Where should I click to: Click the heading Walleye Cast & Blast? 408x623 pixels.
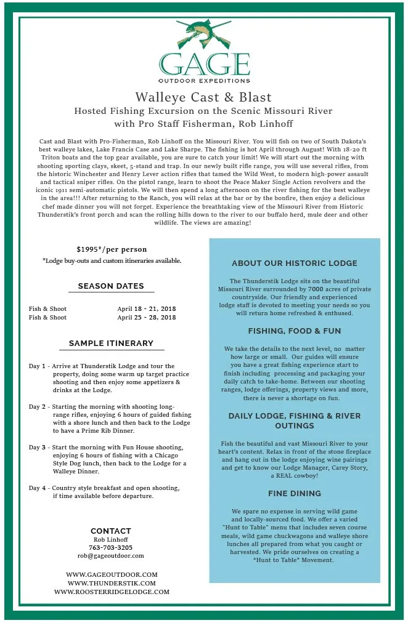pos(203,97)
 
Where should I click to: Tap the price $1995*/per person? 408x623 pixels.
pos(112,249)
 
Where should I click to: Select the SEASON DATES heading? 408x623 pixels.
pos(111,286)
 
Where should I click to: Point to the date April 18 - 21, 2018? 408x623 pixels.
pos(147,308)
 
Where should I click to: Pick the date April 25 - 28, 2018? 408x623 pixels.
pos(147,317)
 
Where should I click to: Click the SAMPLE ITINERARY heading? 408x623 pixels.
pos(111,343)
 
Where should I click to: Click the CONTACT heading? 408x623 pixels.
pos(111,531)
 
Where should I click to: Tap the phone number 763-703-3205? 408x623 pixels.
pos(111,547)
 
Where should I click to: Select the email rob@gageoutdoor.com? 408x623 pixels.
pos(111,555)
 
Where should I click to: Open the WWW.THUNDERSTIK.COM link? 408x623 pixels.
pos(112,583)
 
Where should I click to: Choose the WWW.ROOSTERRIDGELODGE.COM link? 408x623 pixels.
pos(112,592)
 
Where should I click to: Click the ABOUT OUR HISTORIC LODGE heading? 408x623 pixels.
pos(295,263)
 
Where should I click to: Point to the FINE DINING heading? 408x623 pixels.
pos(295,493)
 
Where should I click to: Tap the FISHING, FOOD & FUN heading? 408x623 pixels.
pos(295,331)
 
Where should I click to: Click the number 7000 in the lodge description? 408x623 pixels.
pos(316,289)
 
